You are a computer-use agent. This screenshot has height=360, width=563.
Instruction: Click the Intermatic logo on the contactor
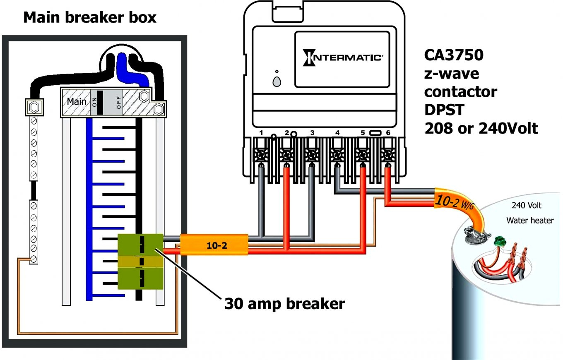pos(342,57)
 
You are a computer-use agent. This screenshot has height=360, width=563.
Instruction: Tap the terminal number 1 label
pos(261,133)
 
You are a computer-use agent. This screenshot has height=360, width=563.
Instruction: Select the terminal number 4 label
pos(337,133)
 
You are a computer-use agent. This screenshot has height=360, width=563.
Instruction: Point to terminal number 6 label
pos(388,133)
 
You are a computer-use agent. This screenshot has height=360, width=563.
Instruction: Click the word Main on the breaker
pos(77,101)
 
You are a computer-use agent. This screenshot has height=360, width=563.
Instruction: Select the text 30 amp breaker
pos(284,304)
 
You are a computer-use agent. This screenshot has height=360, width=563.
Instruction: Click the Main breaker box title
pos(90,18)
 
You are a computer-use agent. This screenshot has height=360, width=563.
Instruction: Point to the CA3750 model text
pos(454,55)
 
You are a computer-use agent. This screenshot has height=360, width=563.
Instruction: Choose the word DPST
pos(444,110)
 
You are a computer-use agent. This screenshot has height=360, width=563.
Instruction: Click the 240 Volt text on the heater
pos(526,206)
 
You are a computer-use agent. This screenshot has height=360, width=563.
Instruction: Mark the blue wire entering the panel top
pos(123,66)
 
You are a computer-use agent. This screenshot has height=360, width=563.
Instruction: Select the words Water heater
pos(529,221)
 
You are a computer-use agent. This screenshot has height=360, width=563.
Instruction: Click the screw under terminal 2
pos(286,156)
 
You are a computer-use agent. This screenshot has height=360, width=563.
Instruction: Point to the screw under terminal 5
pos(363,156)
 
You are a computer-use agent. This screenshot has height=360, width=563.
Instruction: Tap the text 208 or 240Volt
pos(481,128)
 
